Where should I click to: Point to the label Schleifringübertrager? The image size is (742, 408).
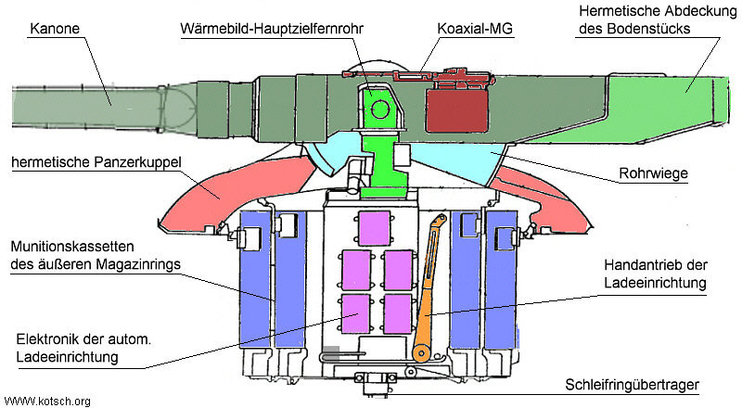pos(647,386)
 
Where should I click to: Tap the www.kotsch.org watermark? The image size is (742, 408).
pos(46,401)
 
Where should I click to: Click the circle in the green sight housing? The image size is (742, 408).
pos(379,108)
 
